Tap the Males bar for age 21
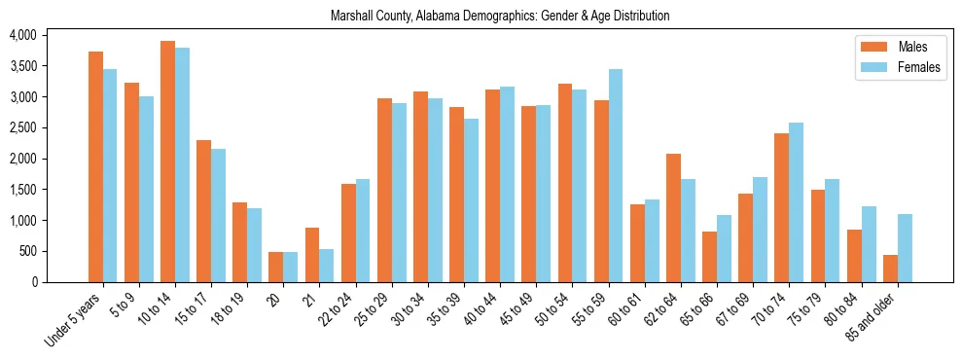[312, 255]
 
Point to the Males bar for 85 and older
[890, 269]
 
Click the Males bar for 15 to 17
[204, 211]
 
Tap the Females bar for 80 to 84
[869, 244]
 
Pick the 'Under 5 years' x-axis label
[74, 318]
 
